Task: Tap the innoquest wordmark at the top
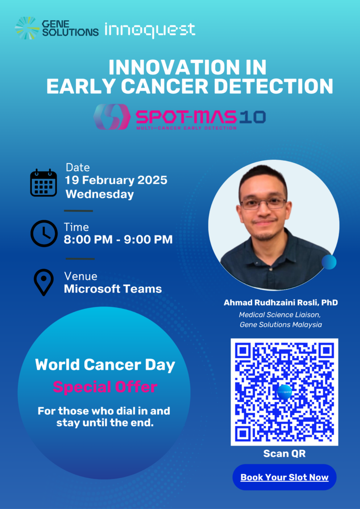150,30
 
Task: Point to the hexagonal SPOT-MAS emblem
112,117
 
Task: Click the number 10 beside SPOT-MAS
253,117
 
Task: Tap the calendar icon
44,182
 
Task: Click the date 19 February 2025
116,180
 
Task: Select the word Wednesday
100,195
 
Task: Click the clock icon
44,233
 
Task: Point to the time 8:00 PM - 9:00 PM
118,240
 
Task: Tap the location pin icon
44,282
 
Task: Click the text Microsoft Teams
113,289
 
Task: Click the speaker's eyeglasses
263,203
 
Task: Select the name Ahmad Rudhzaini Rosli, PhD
281,303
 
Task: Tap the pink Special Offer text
105,387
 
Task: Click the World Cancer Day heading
105,365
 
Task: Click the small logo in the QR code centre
285,392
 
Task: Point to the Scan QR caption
285,454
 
